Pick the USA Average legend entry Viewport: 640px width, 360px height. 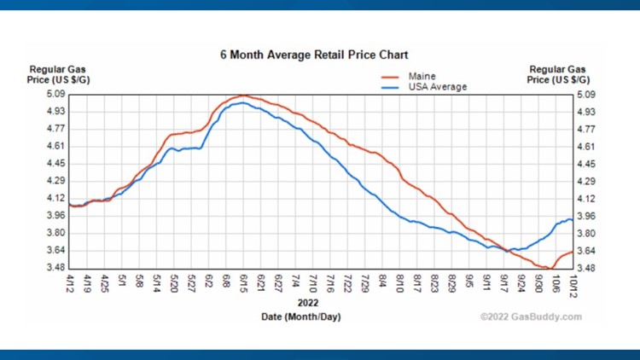[437, 86]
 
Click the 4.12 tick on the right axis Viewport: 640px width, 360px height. [586, 199]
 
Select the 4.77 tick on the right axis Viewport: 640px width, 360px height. [586, 129]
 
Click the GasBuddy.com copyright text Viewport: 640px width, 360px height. [532, 317]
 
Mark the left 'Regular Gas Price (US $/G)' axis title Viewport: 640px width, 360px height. [57, 74]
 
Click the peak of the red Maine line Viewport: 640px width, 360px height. [243, 95]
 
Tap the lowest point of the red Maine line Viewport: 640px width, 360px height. [550, 268]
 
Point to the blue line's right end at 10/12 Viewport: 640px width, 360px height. [571, 220]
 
